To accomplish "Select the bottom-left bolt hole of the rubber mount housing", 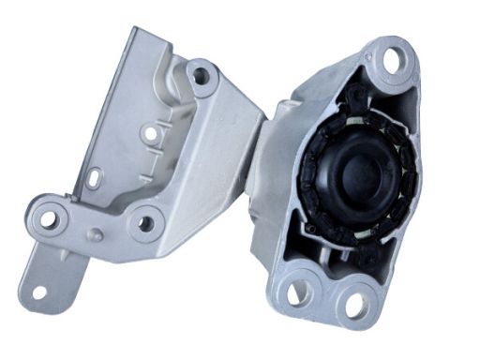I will click(297, 292).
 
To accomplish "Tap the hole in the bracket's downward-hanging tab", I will click(38, 292).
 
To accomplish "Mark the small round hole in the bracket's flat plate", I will click(150, 134).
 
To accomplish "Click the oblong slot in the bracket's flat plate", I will click(95, 176).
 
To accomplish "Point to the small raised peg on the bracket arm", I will click(97, 233).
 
